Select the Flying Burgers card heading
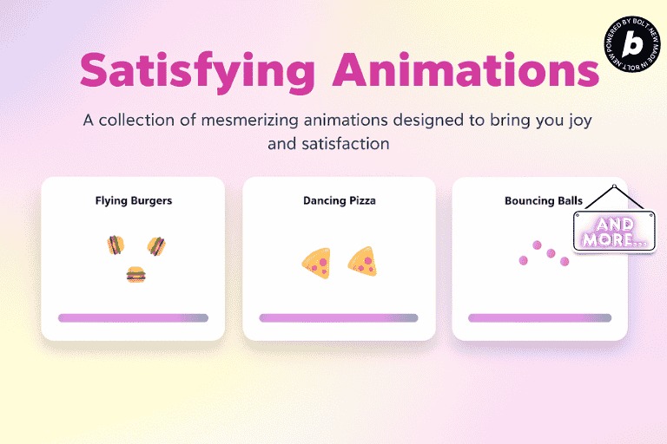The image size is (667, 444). click(134, 200)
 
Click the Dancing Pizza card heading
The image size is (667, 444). click(340, 200)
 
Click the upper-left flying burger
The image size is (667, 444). click(115, 245)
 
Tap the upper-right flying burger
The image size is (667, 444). click(156, 245)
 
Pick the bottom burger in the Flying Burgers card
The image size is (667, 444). click(135, 275)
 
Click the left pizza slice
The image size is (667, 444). click(316, 262)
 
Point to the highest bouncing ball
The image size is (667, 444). click(538, 245)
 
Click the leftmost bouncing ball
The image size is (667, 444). click(523, 259)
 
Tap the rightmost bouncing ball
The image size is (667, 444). click(565, 261)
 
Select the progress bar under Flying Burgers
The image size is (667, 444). click(133, 318)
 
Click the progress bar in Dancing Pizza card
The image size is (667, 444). click(339, 318)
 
